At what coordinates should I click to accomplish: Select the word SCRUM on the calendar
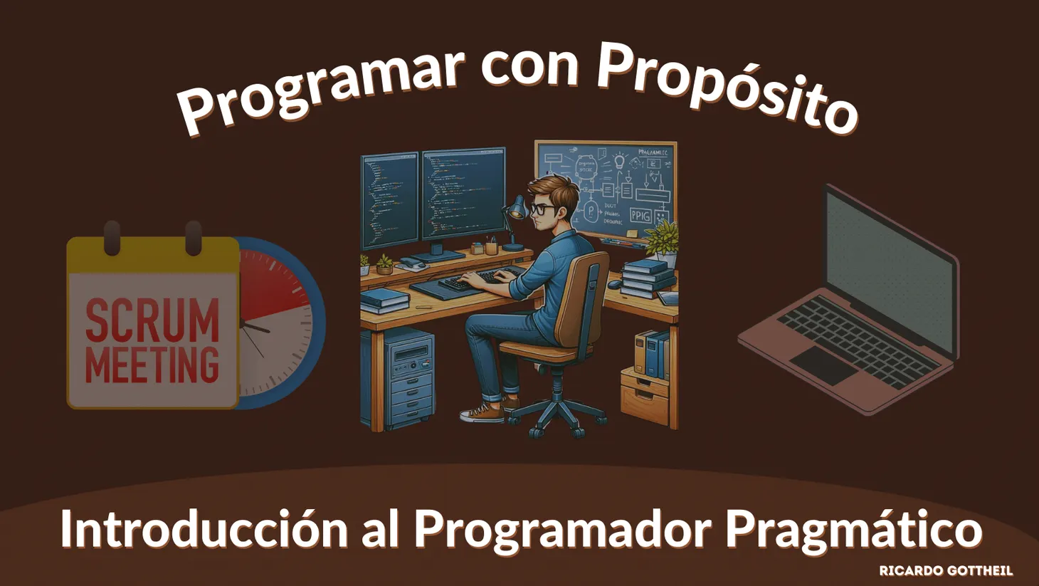[152, 320]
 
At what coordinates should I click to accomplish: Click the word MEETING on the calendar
[152, 365]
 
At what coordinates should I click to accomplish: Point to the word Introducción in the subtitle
[204, 530]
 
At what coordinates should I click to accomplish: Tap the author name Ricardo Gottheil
[945, 570]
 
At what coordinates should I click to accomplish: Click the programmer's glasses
[543, 209]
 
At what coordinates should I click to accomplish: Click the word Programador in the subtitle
[562, 530]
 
